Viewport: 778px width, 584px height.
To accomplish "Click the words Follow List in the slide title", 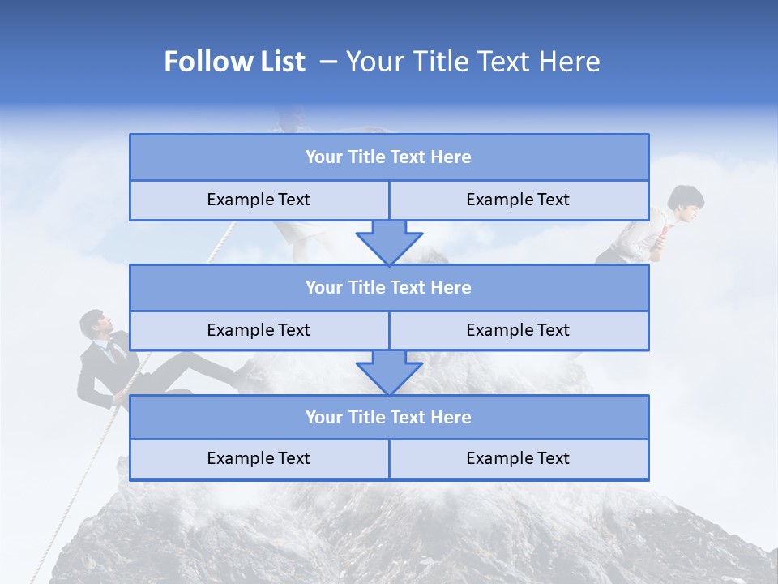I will point(234,62).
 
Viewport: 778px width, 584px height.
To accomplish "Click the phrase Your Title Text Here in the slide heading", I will point(472,62).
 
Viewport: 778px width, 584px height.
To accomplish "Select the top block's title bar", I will point(388,157).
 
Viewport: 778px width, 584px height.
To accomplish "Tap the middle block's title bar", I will point(388,287).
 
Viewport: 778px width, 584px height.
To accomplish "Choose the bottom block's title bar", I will point(388,417).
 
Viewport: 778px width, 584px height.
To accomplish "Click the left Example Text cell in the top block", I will point(259,200).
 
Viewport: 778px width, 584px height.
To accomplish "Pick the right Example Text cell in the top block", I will point(518,200).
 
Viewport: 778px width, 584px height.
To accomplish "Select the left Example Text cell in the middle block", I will point(259,330).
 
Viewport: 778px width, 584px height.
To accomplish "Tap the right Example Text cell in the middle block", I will point(518,330).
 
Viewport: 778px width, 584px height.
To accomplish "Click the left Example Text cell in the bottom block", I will point(259,458).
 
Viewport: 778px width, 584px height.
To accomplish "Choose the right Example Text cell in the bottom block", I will point(518,458).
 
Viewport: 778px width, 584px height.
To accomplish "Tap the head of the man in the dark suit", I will point(94,324).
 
